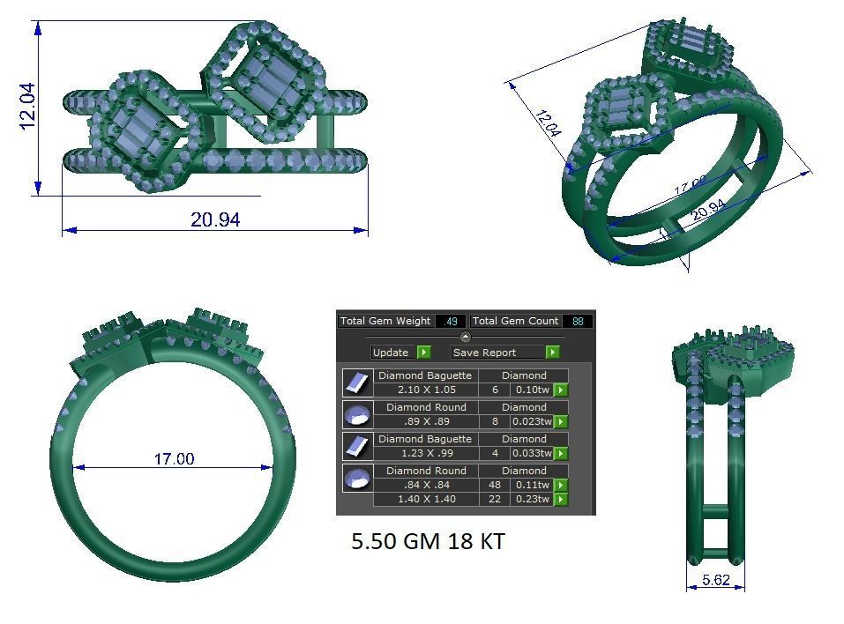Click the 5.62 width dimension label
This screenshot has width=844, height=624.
[715, 580]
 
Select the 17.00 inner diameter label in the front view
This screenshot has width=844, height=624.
[174, 458]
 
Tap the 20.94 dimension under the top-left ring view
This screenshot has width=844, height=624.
[215, 219]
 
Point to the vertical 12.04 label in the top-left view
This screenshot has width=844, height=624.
[28, 106]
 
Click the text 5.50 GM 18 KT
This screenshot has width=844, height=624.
[428, 541]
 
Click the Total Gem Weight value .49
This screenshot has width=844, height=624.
[452, 321]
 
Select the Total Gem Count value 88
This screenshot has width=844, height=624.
[578, 321]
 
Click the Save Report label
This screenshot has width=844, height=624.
[484, 353]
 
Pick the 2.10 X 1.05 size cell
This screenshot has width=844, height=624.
[425, 390]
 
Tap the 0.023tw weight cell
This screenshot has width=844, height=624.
[532, 421]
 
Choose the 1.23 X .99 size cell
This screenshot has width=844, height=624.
[425, 453]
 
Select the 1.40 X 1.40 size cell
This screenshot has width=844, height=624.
[425, 499]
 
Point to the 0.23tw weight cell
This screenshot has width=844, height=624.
[532, 499]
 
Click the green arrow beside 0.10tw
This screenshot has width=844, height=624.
[560, 390]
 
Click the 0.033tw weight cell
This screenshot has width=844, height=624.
[532, 453]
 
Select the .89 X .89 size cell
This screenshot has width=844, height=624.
[425, 421]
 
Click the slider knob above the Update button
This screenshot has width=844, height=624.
[466, 337]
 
